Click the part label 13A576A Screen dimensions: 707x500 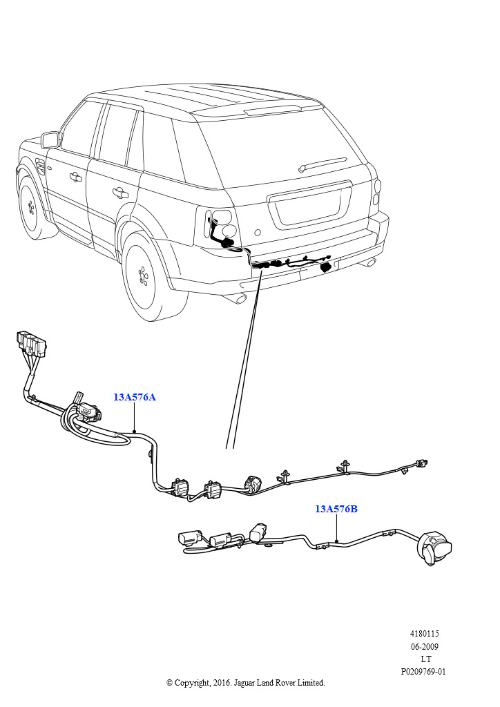coord(135,397)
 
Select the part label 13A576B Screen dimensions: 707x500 coord(336,509)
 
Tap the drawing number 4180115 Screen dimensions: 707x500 coord(423,633)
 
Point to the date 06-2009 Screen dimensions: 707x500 coord(423,646)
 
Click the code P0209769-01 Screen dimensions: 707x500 coord(423,671)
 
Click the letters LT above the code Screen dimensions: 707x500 coord(425,659)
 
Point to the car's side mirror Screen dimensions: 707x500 coord(50,139)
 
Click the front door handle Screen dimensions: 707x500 coord(74,177)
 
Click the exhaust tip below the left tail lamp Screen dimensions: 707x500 coord(238,298)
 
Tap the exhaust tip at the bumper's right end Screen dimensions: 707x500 coord(372,262)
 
